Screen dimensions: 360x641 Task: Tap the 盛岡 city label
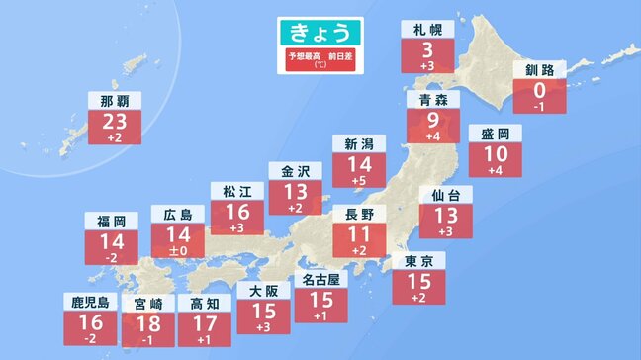pos(496,135)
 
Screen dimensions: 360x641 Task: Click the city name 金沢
pos(296,170)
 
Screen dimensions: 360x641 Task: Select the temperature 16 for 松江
pos(237,211)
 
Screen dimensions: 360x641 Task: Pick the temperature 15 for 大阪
pos(263,311)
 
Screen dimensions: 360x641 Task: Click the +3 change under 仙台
pos(446,230)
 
